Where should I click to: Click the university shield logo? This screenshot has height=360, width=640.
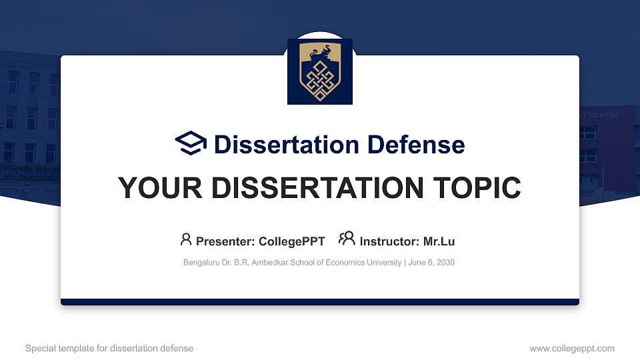pos(319,71)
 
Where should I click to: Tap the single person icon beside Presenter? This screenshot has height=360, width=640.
pos(186,239)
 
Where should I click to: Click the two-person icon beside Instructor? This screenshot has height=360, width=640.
pos(347,239)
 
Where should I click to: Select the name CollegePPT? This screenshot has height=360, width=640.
pos(291,241)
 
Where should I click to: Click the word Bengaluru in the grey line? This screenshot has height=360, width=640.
pos(201,263)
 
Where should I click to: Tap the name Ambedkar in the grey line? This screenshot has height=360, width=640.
pos(271,263)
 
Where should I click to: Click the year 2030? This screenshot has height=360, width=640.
pos(445,263)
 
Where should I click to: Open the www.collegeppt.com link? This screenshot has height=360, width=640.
pos(571,349)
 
